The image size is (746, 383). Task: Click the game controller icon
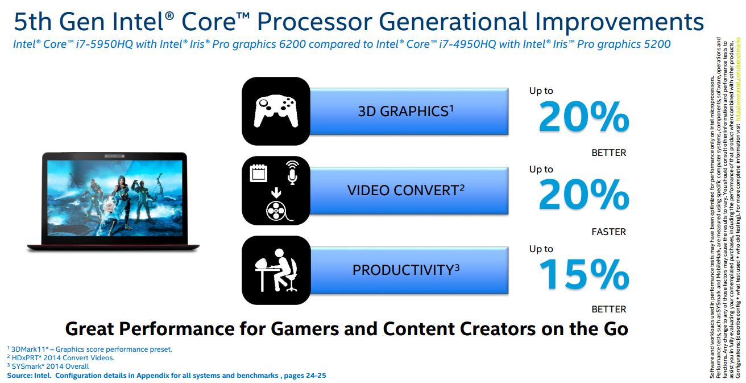click(x=276, y=112)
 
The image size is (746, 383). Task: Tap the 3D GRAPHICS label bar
click(x=409, y=112)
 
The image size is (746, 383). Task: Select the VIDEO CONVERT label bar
click(x=409, y=190)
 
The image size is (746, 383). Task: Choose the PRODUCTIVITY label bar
click(x=409, y=270)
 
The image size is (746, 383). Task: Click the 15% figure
click(x=584, y=274)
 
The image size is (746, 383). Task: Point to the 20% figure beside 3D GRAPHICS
click(x=584, y=117)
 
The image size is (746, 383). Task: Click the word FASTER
click(x=609, y=232)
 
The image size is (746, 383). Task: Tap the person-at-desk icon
click(x=276, y=270)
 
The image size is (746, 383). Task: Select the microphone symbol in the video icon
click(x=292, y=172)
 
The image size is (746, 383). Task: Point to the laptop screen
click(x=115, y=198)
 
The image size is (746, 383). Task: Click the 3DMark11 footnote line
click(x=90, y=349)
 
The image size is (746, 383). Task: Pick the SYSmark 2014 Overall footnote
click(x=48, y=366)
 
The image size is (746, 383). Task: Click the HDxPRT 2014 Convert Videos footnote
click(x=61, y=357)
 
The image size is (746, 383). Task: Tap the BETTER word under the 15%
click(x=609, y=310)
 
